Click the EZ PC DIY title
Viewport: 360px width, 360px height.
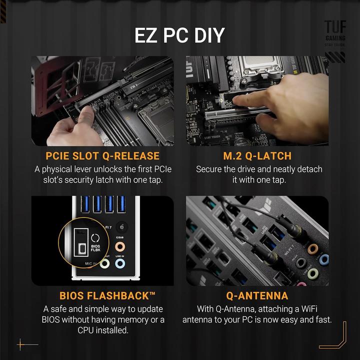[179, 36]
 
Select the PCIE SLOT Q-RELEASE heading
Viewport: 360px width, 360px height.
[102, 155]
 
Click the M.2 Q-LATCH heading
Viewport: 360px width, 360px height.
[257, 155]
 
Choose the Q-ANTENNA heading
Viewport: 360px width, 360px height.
[257, 295]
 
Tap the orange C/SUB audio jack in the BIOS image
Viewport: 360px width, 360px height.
[120, 246]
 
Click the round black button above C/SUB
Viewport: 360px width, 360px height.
[120, 226]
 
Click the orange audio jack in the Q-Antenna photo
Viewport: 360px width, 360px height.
[313, 248]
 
